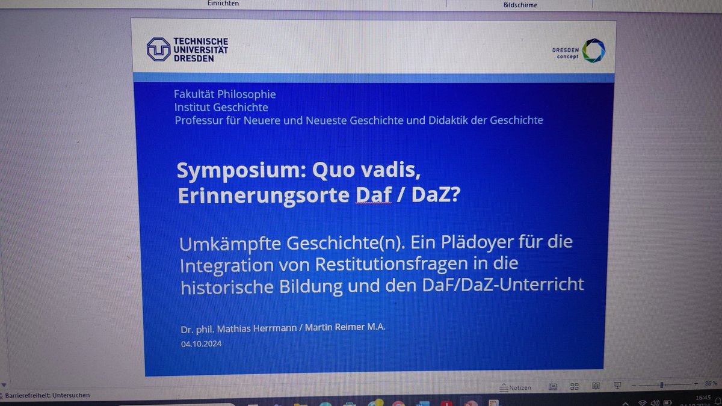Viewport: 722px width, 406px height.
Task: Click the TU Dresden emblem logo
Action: point(158,49)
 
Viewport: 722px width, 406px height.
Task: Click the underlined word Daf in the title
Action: point(375,196)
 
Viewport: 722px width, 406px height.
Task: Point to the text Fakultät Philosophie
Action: point(224,94)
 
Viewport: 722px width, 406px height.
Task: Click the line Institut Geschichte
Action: point(221,108)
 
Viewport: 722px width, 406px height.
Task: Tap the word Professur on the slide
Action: point(199,120)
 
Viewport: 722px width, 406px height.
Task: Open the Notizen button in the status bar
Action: point(516,388)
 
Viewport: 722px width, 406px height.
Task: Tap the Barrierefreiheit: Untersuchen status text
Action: point(47,395)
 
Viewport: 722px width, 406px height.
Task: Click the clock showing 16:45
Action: point(703,397)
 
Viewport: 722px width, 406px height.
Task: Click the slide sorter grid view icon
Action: point(574,387)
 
